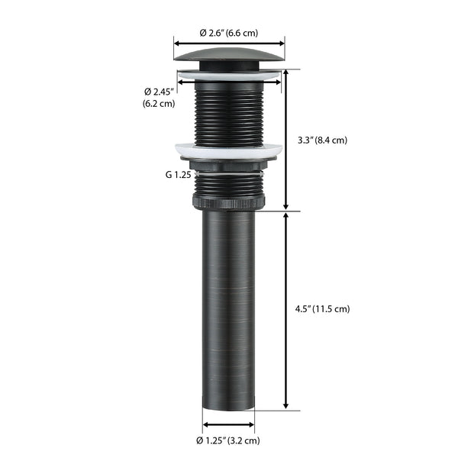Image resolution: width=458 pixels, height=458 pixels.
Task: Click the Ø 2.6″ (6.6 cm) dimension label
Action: click(229, 33)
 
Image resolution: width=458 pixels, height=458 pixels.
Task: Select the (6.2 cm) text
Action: click(158, 104)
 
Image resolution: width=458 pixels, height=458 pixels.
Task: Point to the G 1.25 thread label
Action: click(179, 174)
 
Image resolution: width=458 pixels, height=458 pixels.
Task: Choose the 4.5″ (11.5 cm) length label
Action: click(321, 309)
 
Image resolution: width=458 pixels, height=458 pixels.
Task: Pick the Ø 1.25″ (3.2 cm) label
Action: click(229, 440)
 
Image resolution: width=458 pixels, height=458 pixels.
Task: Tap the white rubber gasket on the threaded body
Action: click(228, 150)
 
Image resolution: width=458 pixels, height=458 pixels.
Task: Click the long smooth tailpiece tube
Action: click(228, 305)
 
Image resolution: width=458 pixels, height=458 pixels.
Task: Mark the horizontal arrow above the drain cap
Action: click(229, 43)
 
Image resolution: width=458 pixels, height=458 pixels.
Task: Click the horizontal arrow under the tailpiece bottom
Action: click(228, 424)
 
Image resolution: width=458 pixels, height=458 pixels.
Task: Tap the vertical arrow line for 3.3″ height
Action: click(285, 140)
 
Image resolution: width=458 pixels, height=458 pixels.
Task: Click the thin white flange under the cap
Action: click(229, 74)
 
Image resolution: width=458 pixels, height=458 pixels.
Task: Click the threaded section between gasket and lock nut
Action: click(228, 182)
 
